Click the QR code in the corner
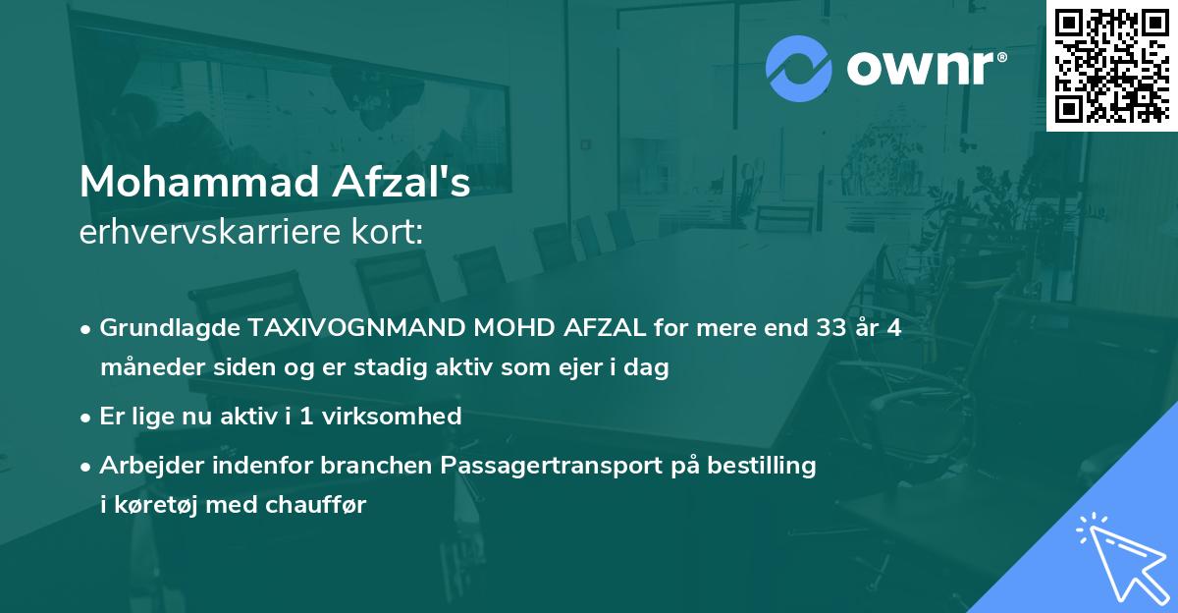[1112, 65]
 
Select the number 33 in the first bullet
[813, 328]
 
